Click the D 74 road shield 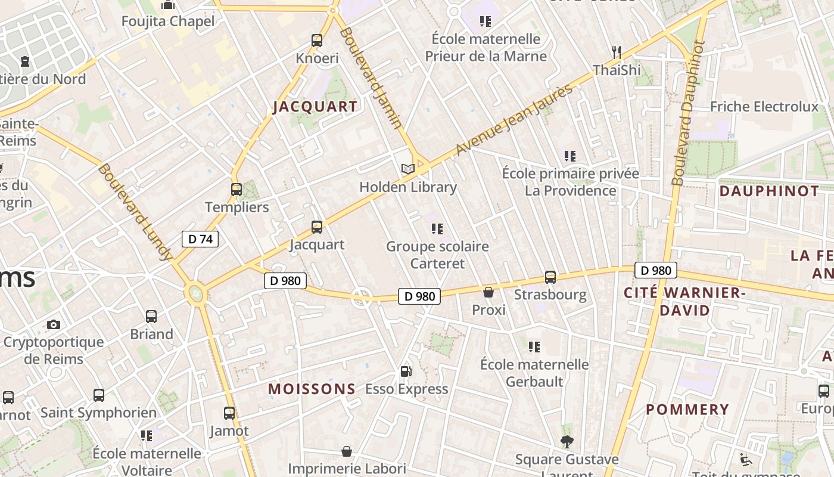[200, 239]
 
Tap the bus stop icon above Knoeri [317, 41]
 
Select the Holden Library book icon [407, 169]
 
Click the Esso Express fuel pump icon [406, 371]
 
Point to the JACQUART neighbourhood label [315, 107]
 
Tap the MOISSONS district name [312, 389]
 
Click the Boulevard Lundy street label [135, 212]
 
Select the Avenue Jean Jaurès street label [514, 120]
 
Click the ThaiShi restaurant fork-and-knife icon [617, 52]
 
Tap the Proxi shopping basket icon [488, 292]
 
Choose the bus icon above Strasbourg [550, 277]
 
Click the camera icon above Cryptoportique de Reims [54, 324]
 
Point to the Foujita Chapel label [168, 21]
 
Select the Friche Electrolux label [764, 107]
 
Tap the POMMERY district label [687, 410]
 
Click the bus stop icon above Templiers [236, 190]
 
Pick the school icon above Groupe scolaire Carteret [437, 228]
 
